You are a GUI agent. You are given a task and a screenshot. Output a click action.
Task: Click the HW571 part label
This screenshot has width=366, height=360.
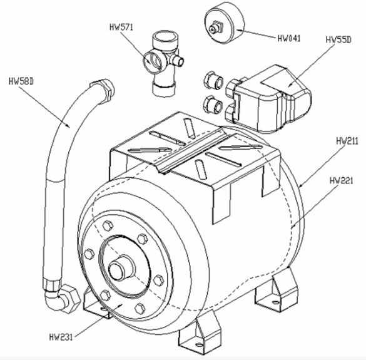point(121,28)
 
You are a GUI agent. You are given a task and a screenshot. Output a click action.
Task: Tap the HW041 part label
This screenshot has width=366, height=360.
point(289,38)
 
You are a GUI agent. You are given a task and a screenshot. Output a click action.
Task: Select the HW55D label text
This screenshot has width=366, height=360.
point(338,39)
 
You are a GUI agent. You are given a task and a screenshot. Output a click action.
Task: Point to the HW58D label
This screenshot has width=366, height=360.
point(21,81)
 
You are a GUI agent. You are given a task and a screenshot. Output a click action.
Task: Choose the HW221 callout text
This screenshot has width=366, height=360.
point(341,180)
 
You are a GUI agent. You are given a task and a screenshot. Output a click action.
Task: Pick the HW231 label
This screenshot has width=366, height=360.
point(61,337)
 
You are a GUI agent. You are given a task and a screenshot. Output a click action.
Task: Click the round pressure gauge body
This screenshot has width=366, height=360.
point(225,23)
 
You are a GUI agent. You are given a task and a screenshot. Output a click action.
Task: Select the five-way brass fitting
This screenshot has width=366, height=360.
point(163,63)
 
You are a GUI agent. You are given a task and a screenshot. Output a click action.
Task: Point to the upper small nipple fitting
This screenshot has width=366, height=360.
point(213,80)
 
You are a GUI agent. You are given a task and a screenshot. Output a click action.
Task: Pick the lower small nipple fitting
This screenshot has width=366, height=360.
point(213,105)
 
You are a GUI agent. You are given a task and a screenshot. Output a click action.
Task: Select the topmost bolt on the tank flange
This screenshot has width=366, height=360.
point(108,225)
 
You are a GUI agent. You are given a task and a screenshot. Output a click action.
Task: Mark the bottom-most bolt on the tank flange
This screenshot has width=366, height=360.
point(140,309)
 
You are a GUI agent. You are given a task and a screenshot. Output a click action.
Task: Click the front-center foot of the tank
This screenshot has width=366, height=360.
point(200,334)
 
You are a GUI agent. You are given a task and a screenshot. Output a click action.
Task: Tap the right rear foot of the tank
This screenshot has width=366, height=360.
point(277,291)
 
